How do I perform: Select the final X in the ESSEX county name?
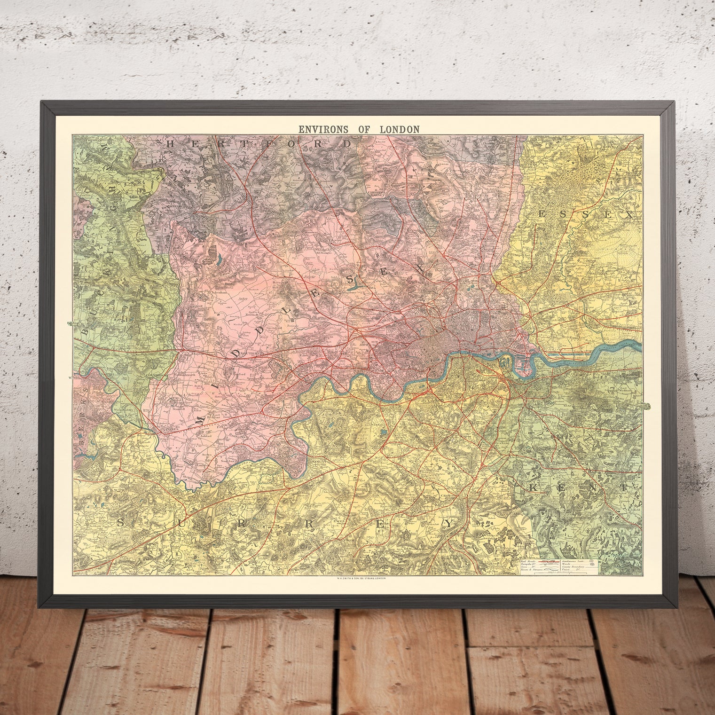pyautogui.click(x=629, y=215)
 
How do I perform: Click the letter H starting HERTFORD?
pyautogui.click(x=170, y=143)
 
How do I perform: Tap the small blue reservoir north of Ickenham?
pyautogui.click(x=219, y=259)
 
